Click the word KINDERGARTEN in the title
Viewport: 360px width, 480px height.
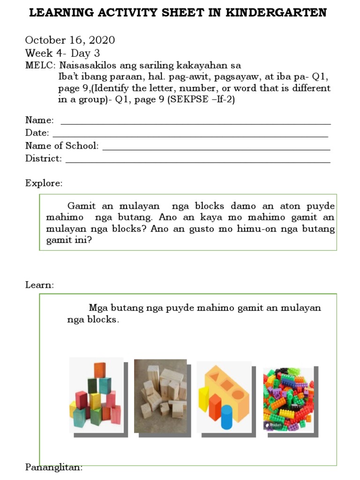tap(276, 13)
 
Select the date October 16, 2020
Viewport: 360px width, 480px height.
tap(70, 40)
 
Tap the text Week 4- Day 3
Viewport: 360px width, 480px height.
tap(62, 53)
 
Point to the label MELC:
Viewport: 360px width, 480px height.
tap(41, 65)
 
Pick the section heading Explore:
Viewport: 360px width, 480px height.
tap(44, 183)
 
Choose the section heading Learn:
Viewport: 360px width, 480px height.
tap(40, 285)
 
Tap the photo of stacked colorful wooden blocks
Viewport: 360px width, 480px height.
tap(96, 395)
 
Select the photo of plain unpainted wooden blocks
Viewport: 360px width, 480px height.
tap(160, 396)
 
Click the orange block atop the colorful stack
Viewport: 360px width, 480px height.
tap(100, 370)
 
